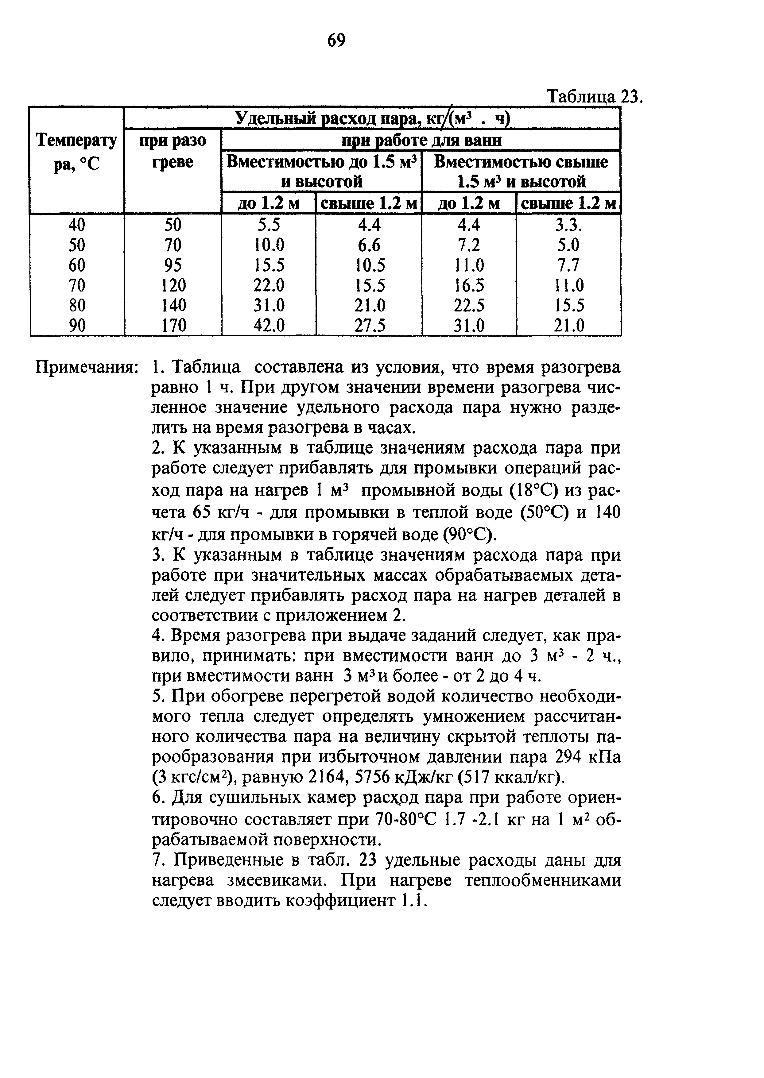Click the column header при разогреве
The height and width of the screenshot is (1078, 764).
(x=173, y=151)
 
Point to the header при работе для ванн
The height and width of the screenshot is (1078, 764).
(x=421, y=140)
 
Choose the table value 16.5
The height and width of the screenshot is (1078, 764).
(x=469, y=285)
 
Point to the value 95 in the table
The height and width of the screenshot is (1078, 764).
(x=173, y=265)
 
